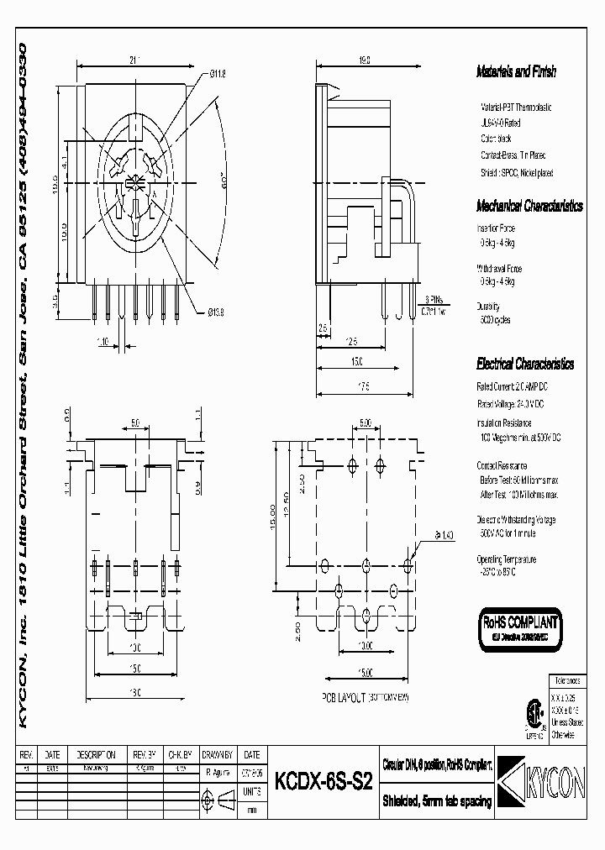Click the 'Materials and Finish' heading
516,72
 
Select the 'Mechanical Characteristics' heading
529,206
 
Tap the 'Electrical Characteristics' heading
525,365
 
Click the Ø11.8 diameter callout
218,73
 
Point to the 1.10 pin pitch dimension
103,341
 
